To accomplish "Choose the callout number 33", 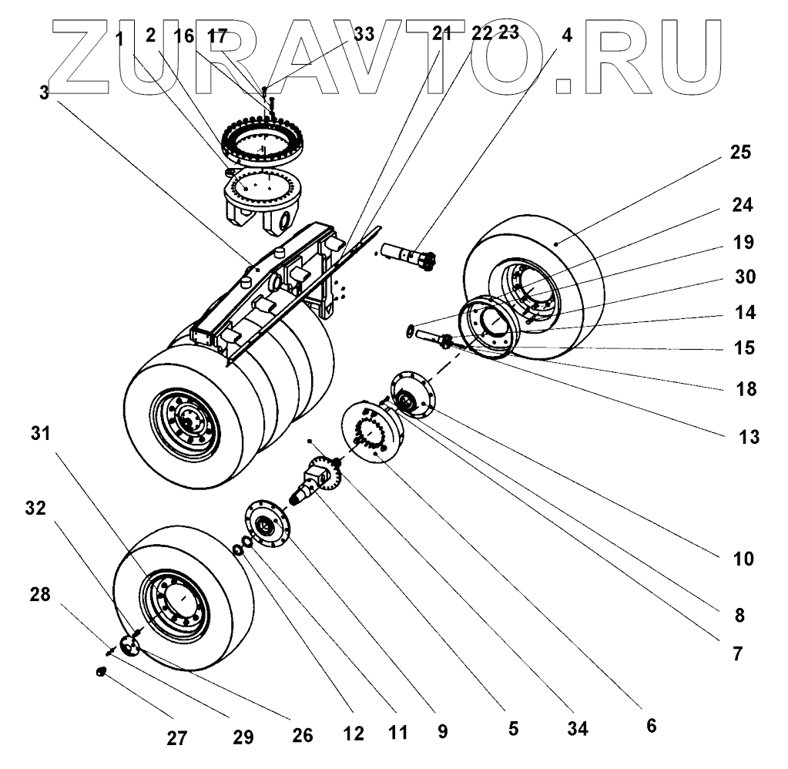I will [x=363, y=35].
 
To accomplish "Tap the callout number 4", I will [x=566, y=35].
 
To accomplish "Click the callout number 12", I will [x=353, y=735].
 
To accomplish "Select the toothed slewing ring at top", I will [x=263, y=139].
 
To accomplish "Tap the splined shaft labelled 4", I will [x=408, y=255].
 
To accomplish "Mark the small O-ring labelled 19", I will [x=411, y=331].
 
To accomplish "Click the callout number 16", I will [x=185, y=35].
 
